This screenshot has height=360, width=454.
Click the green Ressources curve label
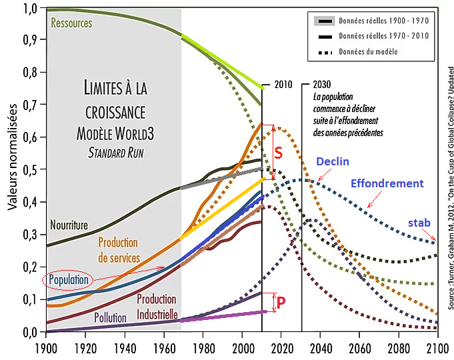pos(71,23)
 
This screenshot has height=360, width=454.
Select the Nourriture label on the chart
pos(69,225)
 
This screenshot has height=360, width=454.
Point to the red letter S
pos(279,153)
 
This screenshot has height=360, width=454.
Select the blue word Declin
pos(332,162)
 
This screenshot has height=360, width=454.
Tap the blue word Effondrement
pos(387,183)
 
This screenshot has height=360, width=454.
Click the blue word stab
pos(419,223)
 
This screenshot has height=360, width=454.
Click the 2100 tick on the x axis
pos(437,347)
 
